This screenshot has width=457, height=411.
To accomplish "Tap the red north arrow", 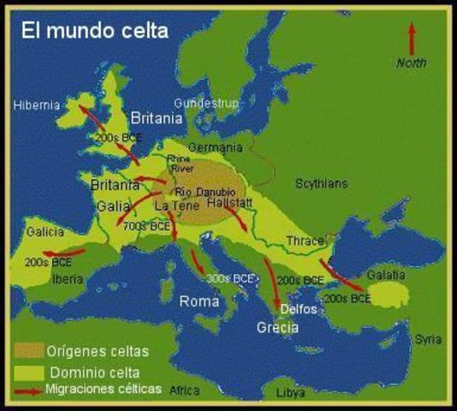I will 412,38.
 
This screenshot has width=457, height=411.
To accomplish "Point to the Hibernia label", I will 37,105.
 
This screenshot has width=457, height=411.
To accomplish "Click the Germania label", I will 211,147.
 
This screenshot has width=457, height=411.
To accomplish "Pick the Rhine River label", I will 180,164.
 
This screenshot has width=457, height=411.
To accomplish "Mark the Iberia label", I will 68,278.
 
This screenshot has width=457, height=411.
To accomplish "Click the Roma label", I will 199,301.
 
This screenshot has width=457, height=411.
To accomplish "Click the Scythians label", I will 322,183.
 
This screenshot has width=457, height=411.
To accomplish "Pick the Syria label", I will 428,339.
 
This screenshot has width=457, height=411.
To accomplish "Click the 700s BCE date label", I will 148,227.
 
